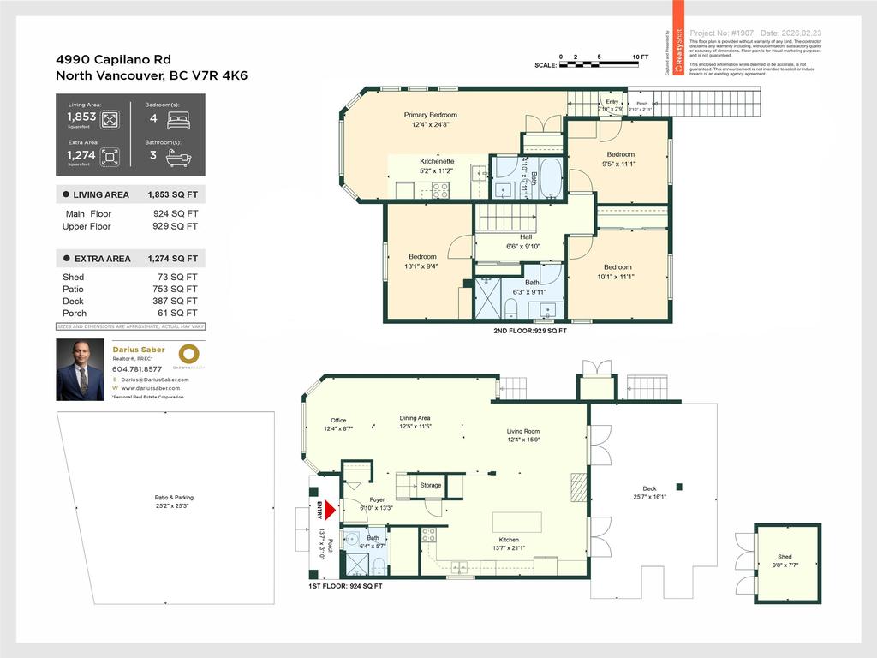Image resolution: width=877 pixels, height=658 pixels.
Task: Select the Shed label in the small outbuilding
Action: coord(785,557)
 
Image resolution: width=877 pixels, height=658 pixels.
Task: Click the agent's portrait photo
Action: coord(80,369)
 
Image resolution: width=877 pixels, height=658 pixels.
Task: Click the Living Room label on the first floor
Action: coord(523,431)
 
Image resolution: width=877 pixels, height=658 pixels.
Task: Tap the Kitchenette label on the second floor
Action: coord(436,161)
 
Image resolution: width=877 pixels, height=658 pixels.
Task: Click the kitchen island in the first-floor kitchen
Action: coord(516,522)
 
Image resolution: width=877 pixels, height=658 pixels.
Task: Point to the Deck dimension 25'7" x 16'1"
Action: coord(649,496)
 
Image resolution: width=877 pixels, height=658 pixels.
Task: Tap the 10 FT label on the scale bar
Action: coord(641,57)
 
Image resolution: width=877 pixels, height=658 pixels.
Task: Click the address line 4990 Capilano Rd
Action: coord(113,59)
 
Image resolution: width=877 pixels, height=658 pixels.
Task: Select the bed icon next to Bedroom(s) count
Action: coord(178,120)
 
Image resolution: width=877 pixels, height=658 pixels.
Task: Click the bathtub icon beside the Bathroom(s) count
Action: coord(178,157)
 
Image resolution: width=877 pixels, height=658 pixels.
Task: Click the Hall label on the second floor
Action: coord(527,237)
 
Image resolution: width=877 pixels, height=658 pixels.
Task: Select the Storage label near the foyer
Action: coord(431,486)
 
